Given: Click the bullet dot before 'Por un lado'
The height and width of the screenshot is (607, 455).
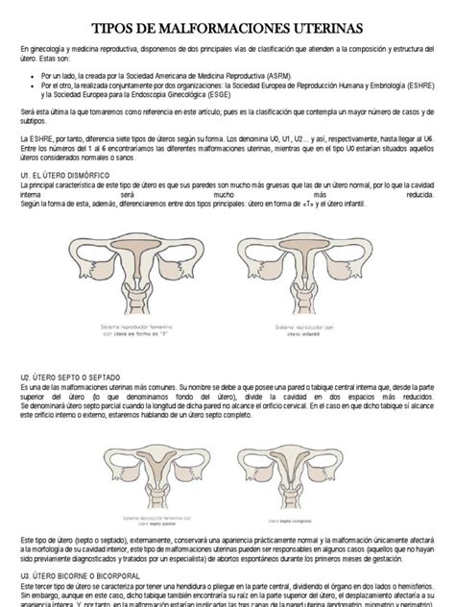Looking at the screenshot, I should click(33, 72).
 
